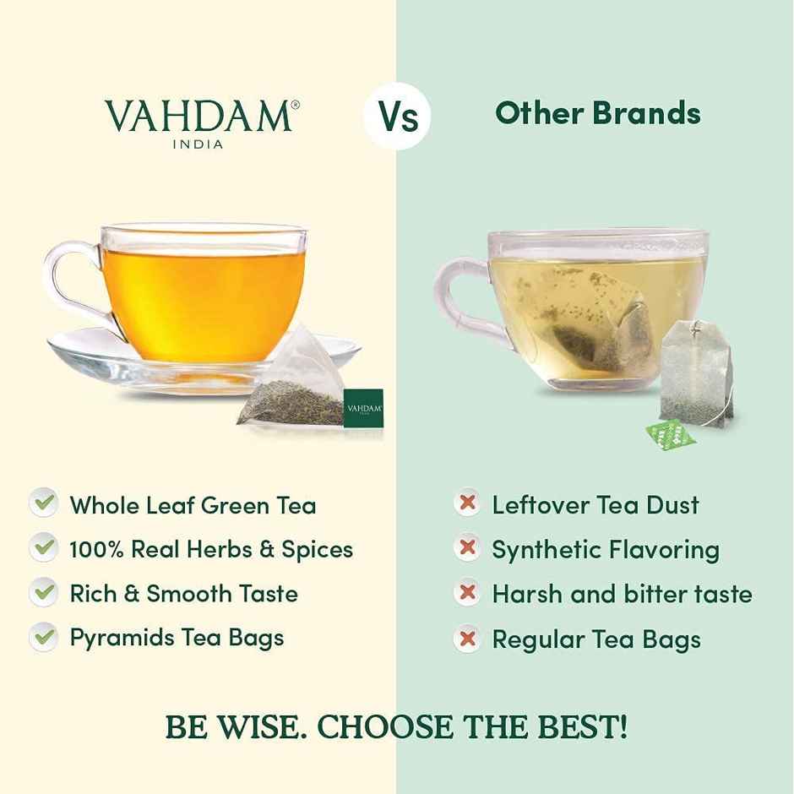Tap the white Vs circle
(397, 116)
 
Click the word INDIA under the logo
(198, 144)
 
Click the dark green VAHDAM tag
(364, 408)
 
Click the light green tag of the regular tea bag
(671, 431)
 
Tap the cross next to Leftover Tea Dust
(465, 504)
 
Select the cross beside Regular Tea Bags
(465, 638)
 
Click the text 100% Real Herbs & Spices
(211, 550)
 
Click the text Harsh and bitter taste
(622, 595)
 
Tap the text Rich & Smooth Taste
(183, 594)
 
